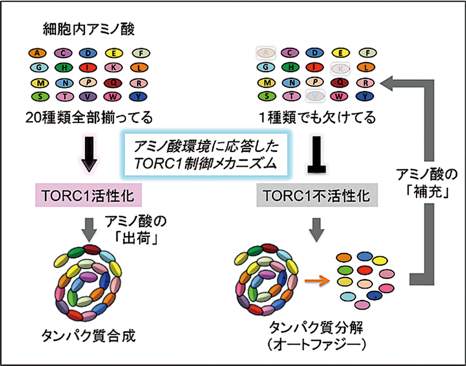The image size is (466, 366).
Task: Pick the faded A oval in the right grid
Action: (x=266, y=53)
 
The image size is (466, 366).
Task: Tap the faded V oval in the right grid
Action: (x=315, y=96)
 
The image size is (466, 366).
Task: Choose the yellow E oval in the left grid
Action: (x=114, y=53)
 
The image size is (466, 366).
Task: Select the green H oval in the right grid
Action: (x=291, y=68)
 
